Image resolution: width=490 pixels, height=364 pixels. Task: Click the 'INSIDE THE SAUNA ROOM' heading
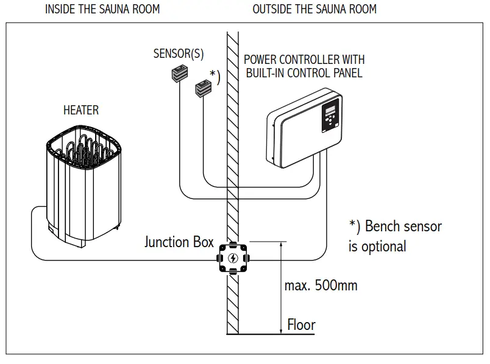tap(102, 9)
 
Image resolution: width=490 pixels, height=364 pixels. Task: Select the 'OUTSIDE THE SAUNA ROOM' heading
tap(314, 9)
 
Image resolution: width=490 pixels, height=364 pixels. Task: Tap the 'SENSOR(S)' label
tap(179, 54)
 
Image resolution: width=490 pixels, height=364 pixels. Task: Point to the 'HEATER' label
tap(80, 110)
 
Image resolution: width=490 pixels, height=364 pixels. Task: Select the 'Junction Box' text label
tap(179, 242)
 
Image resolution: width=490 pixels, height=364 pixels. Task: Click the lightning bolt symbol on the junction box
tap(233, 259)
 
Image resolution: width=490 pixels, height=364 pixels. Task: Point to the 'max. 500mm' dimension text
tap(321, 285)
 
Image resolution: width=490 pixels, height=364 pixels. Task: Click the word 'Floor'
tap(301, 324)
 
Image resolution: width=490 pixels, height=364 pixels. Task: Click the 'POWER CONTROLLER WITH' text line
tap(304, 60)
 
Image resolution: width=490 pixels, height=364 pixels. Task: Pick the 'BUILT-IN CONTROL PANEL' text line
tap(304, 73)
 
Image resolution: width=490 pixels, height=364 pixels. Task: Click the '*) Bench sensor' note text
tap(395, 226)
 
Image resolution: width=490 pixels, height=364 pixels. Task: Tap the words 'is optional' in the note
tap(377, 247)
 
